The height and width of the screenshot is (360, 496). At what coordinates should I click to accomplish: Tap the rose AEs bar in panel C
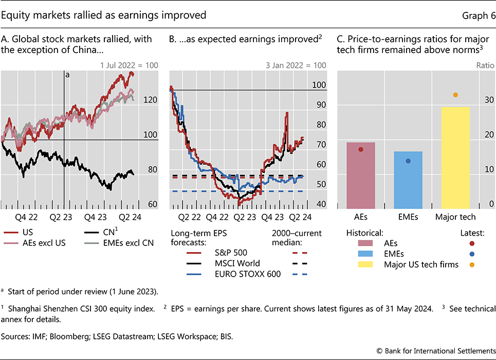point(361,174)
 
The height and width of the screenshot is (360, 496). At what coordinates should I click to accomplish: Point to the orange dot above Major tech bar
point(455,95)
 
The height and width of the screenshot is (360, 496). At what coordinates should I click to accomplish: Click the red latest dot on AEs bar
point(361,149)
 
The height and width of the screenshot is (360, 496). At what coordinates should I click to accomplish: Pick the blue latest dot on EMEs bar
point(408,161)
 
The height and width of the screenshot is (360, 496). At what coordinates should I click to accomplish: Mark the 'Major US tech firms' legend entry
point(413,265)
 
